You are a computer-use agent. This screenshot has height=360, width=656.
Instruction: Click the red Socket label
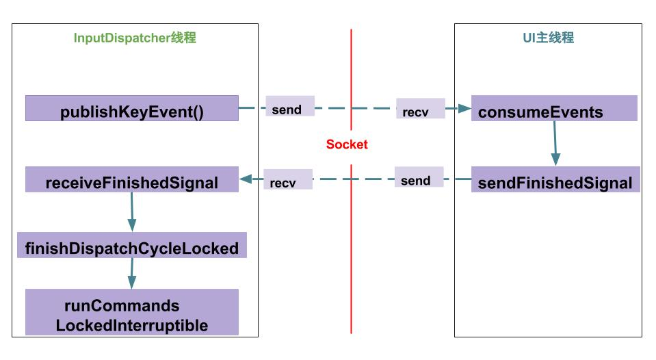click(x=347, y=144)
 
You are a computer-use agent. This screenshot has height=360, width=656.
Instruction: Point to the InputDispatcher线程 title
click(x=135, y=38)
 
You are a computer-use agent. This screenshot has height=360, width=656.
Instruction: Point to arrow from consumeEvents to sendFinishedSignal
click(x=555, y=144)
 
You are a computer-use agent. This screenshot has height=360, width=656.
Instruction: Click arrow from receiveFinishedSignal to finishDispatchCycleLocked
click(x=131, y=211)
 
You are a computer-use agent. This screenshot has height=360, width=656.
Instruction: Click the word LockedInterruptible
click(x=132, y=325)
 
